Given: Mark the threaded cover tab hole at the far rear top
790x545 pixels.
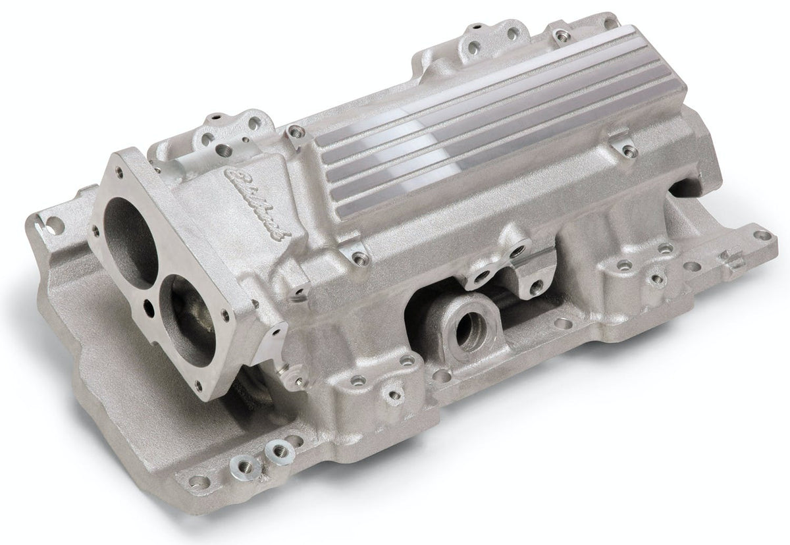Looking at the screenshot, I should coord(560,33).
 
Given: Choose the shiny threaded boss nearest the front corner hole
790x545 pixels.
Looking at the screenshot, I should coord(272,452).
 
